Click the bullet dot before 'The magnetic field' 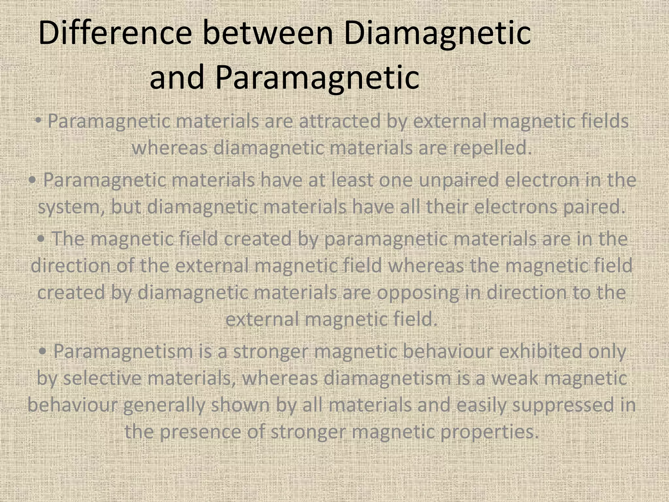click(x=41, y=239)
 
